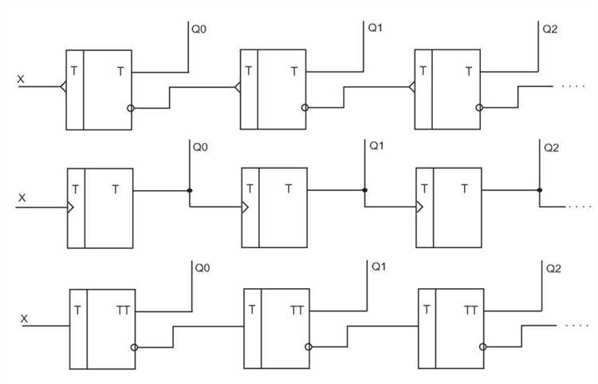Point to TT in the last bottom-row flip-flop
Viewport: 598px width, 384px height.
(x=471, y=309)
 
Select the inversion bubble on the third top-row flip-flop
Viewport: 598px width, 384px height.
(x=479, y=108)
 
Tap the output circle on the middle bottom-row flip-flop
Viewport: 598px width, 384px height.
(x=307, y=347)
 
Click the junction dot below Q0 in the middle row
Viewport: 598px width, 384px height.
(x=189, y=190)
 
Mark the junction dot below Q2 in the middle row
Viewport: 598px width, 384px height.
(x=539, y=190)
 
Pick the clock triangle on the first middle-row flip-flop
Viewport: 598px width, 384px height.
(x=71, y=208)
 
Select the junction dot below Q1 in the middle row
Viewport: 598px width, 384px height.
(x=364, y=190)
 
